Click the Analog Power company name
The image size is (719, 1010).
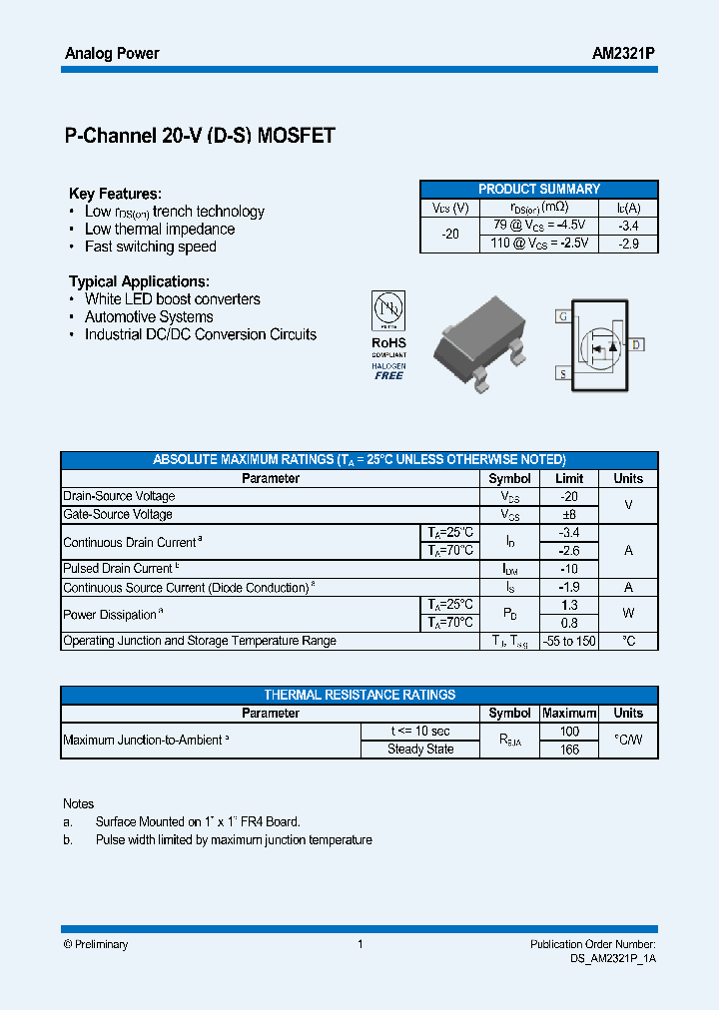point(112,53)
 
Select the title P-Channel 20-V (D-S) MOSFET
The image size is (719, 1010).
point(200,137)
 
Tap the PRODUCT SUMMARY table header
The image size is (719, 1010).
point(539,189)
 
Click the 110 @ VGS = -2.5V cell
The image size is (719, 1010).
point(540,244)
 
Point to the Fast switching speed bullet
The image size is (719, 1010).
point(150,247)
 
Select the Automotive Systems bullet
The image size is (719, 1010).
point(149,316)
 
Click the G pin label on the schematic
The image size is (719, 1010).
point(563,316)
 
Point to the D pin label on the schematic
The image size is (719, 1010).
point(637,344)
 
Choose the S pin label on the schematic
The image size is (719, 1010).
point(563,374)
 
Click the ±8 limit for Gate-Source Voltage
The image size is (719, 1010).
point(569,514)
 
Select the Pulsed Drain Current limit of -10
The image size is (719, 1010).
point(569,568)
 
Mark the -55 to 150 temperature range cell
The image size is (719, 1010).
point(569,641)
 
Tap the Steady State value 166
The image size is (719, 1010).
point(569,750)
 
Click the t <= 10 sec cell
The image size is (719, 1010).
point(420,731)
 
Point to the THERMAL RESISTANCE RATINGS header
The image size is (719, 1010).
point(359,695)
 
